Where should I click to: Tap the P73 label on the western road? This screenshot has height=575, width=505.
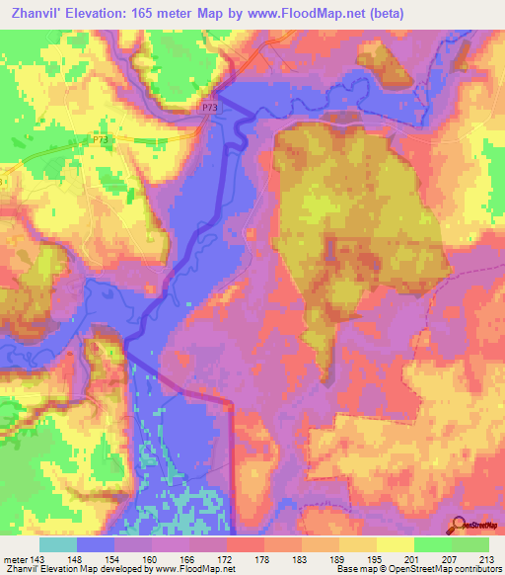click(x=102, y=141)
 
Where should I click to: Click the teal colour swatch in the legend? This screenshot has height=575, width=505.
click(x=57, y=543)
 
